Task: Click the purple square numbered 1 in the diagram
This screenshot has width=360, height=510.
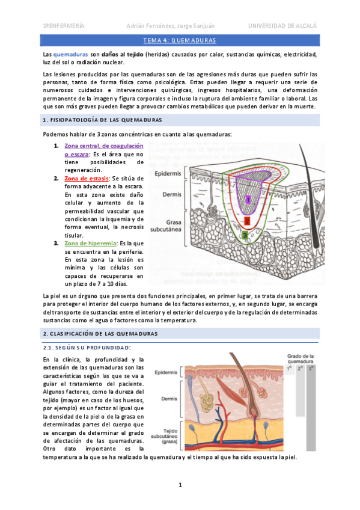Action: pos(248,198)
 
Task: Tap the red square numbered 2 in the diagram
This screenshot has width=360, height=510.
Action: pos(247,221)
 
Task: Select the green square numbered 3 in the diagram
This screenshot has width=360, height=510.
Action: pos(245,235)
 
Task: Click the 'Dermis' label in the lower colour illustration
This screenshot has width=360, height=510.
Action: pos(168,399)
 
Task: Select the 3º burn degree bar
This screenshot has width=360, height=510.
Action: pos(311,409)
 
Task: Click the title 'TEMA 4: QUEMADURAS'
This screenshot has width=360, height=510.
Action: pos(180,40)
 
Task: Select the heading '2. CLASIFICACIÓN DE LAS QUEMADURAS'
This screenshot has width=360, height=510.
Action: pos(100,333)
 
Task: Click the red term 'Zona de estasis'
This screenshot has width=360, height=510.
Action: pos(87,179)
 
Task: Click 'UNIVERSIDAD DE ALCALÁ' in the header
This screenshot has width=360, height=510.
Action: pos(282,26)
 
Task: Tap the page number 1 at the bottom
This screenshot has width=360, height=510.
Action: pos(180,485)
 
